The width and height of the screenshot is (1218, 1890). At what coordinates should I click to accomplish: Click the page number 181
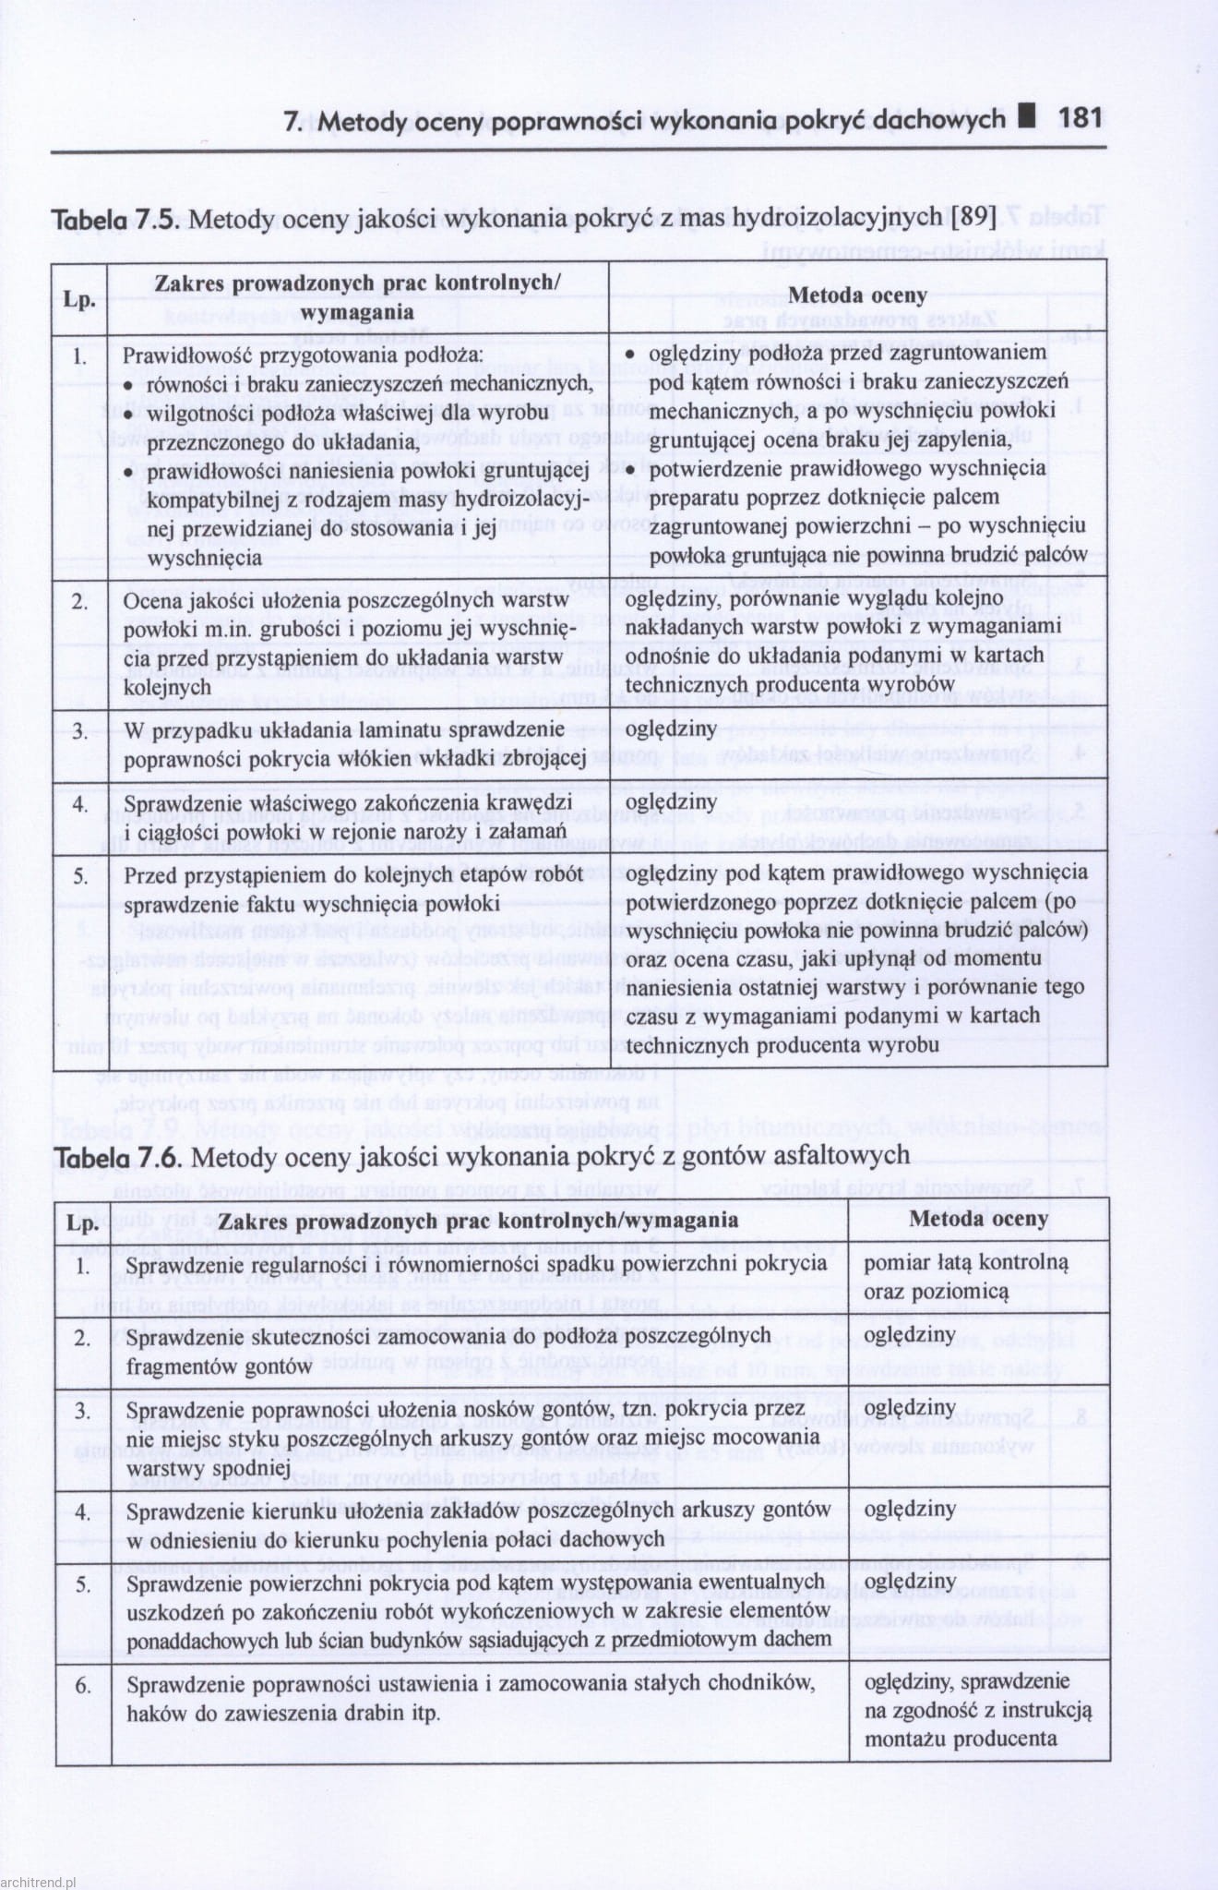1080,118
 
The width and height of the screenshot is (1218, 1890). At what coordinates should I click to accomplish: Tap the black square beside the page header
1028,117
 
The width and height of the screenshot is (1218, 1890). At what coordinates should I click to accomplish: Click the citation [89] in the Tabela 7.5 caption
973,219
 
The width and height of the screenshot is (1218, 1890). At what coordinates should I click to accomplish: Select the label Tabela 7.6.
118,1157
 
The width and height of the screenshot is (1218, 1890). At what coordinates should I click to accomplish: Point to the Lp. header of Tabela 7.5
79,298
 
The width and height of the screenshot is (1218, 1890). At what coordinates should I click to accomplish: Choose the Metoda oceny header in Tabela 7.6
978,1218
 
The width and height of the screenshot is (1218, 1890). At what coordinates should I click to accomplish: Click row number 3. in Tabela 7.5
80,731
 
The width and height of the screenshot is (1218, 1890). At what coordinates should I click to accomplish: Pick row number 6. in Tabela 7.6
83,1685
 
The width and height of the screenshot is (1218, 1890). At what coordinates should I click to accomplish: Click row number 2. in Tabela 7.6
83,1336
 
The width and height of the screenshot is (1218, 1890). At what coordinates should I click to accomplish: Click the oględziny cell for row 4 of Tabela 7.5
671,801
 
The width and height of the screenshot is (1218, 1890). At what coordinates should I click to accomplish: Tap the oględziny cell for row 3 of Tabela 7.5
671,729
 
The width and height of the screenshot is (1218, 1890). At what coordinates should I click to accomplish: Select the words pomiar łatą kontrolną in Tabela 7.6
965,1262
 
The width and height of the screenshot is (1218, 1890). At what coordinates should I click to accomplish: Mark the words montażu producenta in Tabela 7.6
960,1739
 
